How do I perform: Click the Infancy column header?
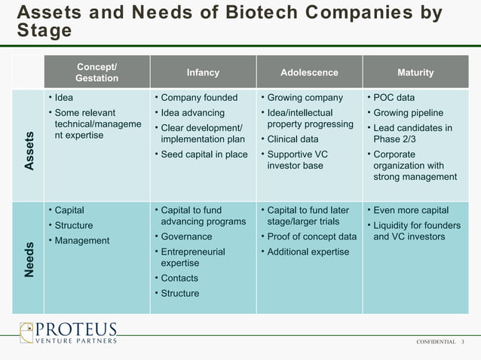click(203, 73)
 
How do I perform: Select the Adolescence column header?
click(309, 73)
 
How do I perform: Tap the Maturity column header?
click(415, 73)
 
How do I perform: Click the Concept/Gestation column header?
click(97, 73)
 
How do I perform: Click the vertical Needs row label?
click(29, 259)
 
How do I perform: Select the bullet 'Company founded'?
click(199, 98)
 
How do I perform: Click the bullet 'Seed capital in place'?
click(204, 154)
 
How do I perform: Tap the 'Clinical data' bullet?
click(293, 139)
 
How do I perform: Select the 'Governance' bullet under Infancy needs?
click(186, 236)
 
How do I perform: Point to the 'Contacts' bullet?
click(180, 278)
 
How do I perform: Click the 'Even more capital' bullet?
click(411, 210)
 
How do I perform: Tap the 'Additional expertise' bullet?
click(308, 252)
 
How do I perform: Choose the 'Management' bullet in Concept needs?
click(82, 241)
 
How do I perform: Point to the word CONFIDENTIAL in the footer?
click(436, 342)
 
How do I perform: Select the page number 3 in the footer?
click(463, 342)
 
